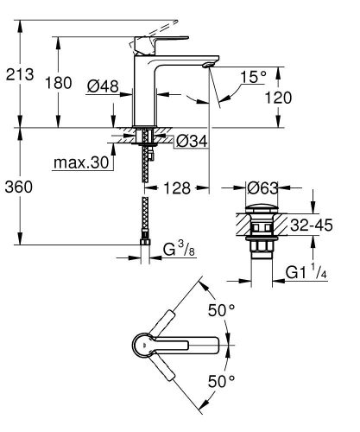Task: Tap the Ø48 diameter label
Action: (x=104, y=86)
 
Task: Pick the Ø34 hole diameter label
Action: (x=191, y=140)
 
